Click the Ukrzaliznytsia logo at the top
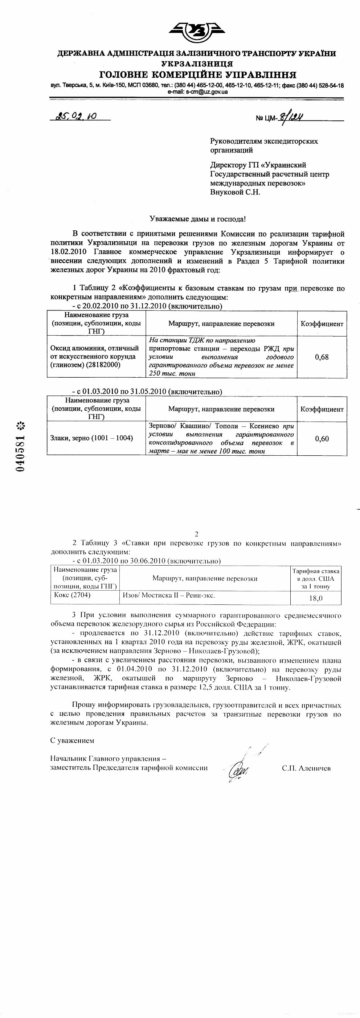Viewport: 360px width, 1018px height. point(197,31)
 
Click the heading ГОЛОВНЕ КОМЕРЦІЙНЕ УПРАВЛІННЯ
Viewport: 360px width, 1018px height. point(197,75)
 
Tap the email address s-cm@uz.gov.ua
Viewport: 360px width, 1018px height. point(197,92)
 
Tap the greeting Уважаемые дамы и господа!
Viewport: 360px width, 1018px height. point(197,218)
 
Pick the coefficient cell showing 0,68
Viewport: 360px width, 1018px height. point(322,357)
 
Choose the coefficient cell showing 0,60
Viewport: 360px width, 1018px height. point(322,438)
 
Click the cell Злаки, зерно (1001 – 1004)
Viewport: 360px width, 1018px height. point(92,438)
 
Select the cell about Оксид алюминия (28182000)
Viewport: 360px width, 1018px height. point(95,357)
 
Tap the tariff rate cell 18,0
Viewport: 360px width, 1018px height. point(316,598)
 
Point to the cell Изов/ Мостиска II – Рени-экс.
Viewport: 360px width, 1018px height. point(169,595)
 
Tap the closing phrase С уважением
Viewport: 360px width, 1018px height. point(72,740)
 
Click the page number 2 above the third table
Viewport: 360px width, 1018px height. point(196,534)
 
